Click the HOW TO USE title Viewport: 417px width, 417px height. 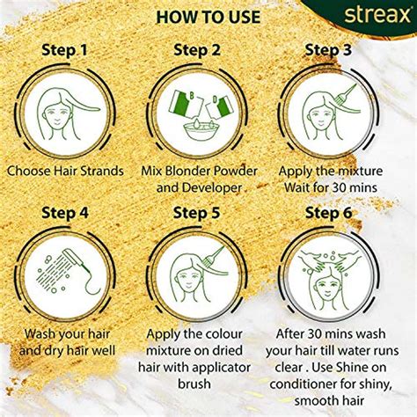tap(208, 17)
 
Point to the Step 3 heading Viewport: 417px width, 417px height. tap(340, 50)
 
